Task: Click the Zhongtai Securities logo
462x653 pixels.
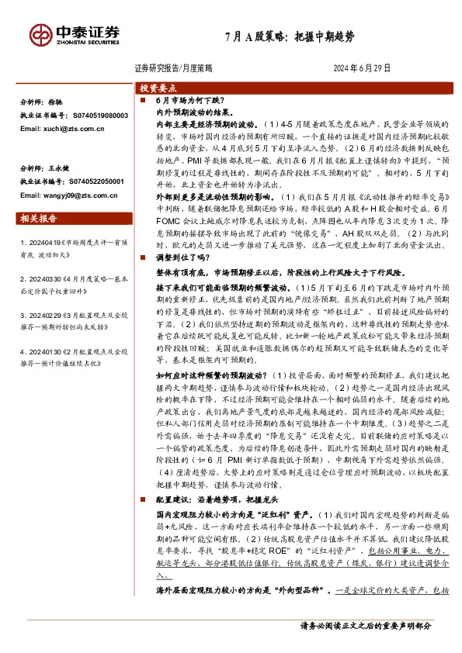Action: [x=74, y=34]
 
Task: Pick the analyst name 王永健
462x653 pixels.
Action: [x=59, y=168]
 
